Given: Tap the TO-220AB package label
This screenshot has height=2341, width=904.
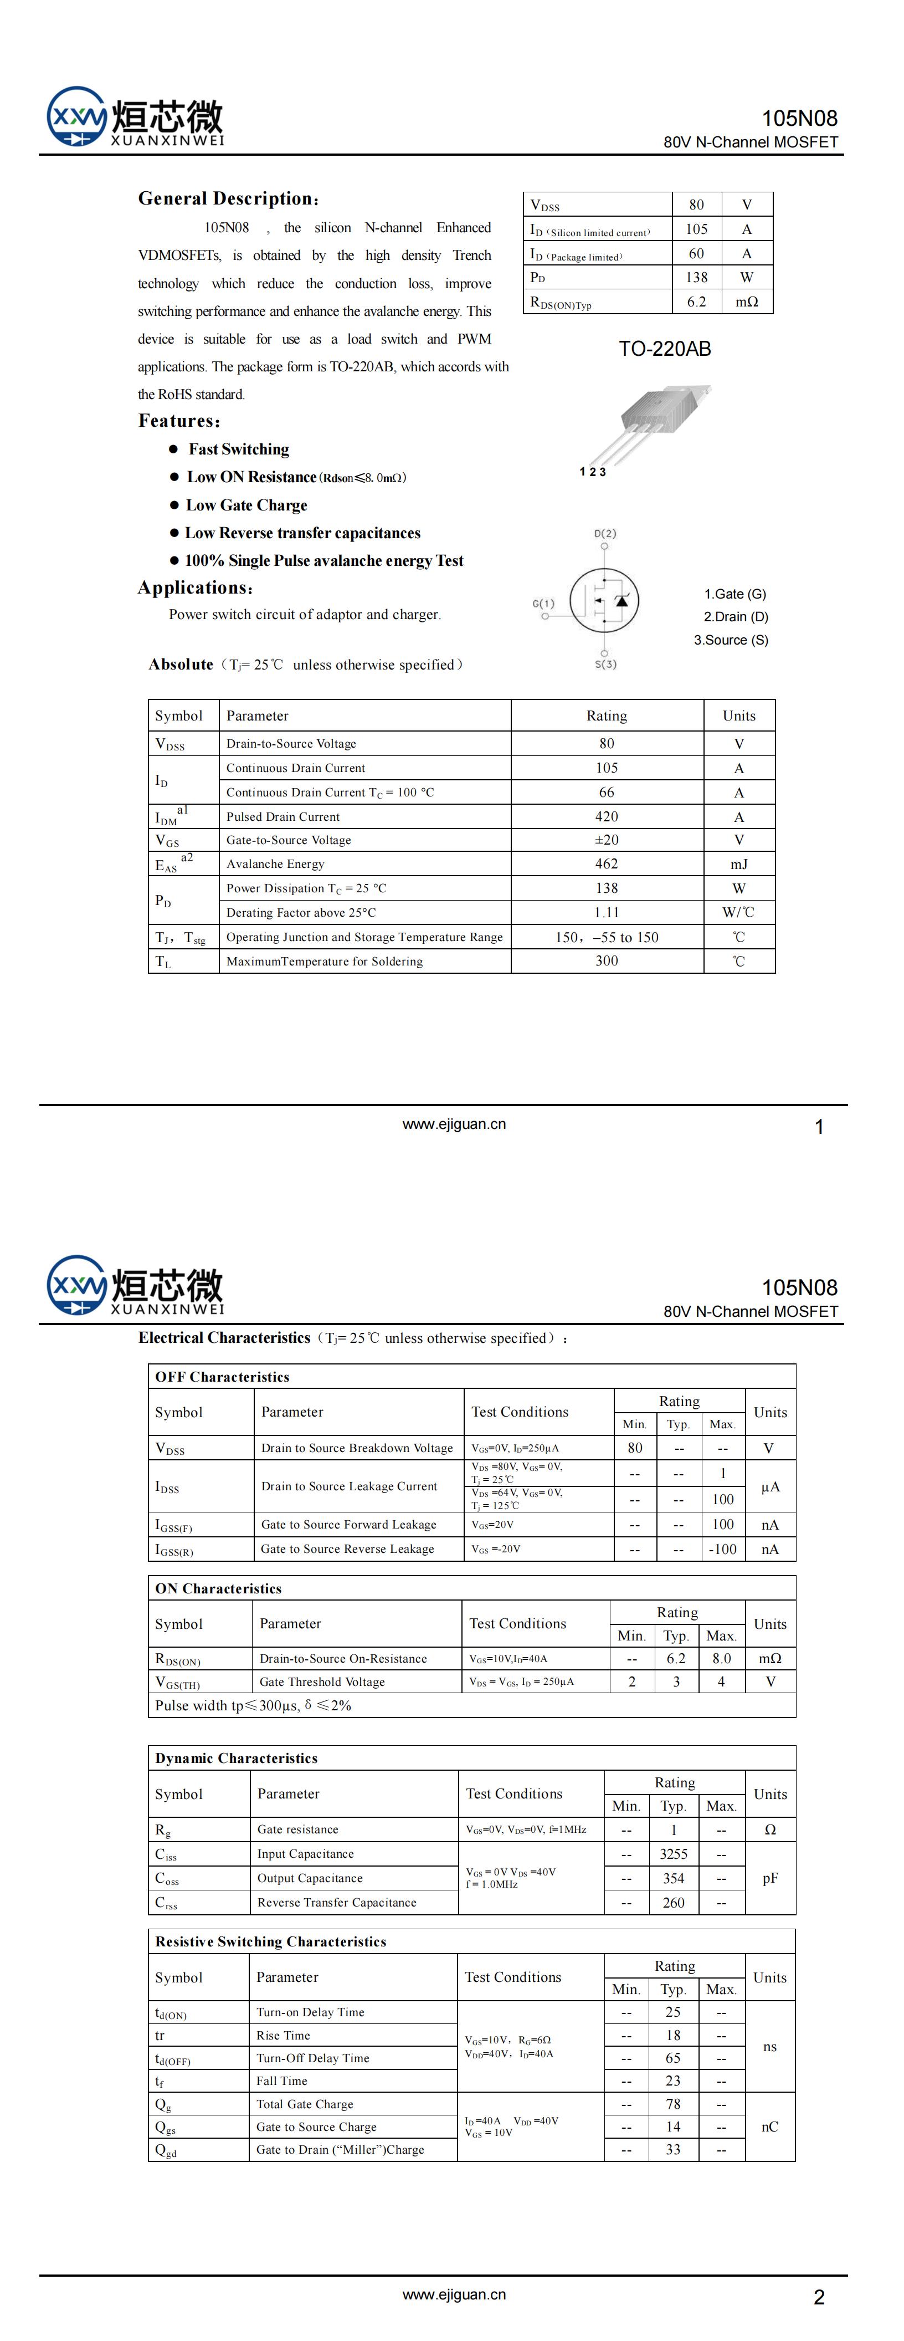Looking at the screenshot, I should pyautogui.click(x=664, y=349).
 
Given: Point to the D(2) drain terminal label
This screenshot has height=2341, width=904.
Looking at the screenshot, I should pyautogui.click(x=605, y=534).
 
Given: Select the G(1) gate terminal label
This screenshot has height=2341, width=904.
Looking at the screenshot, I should pyautogui.click(x=543, y=604).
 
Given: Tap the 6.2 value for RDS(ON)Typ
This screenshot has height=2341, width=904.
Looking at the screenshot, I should pyautogui.click(x=696, y=301).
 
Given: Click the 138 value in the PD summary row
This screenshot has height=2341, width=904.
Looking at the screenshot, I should pyautogui.click(x=696, y=277).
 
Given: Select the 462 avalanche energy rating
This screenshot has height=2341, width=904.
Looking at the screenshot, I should pyautogui.click(x=606, y=864).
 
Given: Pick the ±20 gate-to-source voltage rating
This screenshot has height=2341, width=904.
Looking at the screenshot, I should pyautogui.click(x=606, y=840).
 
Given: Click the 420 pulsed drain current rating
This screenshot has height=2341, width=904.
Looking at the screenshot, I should pyautogui.click(x=606, y=816).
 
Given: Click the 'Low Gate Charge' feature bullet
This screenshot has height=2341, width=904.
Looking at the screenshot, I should pyautogui.click(x=246, y=505).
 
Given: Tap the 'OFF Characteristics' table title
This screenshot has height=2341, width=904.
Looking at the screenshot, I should pyautogui.click(x=223, y=1377).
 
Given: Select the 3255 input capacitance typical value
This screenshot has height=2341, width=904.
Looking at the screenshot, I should pyautogui.click(x=673, y=1854).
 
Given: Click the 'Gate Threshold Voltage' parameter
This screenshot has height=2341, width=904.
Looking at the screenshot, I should pyautogui.click(x=322, y=1682).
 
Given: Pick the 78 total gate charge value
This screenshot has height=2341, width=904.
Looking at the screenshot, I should pyautogui.click(x=673, y=2104).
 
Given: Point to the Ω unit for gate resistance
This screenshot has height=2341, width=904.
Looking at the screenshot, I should pyautogui.click(x=769, y=1829).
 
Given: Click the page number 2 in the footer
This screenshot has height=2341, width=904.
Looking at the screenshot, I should pyautogui.click(x=819, y=2297).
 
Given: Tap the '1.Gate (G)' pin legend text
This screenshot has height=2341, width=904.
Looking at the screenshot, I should pyautogui.click(x=735, y=594).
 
